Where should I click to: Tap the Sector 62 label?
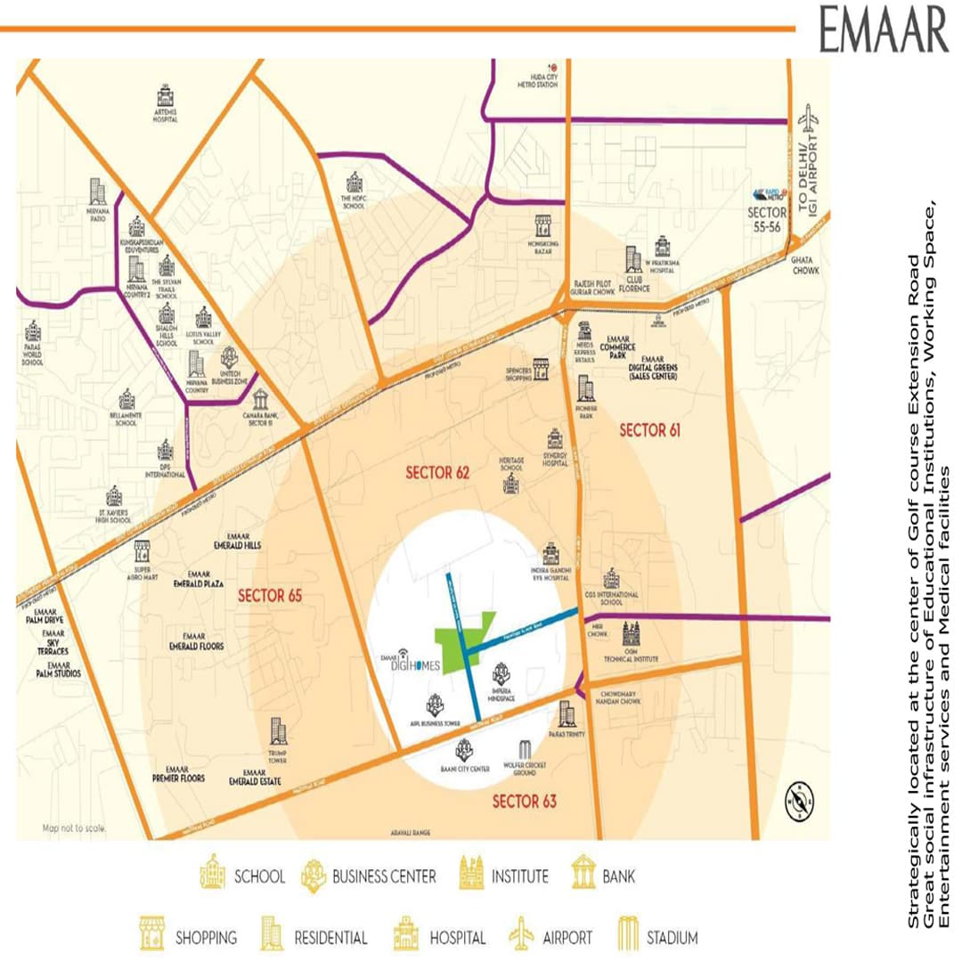436,473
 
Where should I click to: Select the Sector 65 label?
270,595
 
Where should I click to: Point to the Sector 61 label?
650,430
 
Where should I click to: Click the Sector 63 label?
525,802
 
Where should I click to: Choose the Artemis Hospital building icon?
165,95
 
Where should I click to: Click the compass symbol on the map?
796,800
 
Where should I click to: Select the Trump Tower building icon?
278,731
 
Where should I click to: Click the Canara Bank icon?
259,398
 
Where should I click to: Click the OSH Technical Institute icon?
631,633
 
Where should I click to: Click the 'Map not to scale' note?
73,828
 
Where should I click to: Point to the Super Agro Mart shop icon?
141,550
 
